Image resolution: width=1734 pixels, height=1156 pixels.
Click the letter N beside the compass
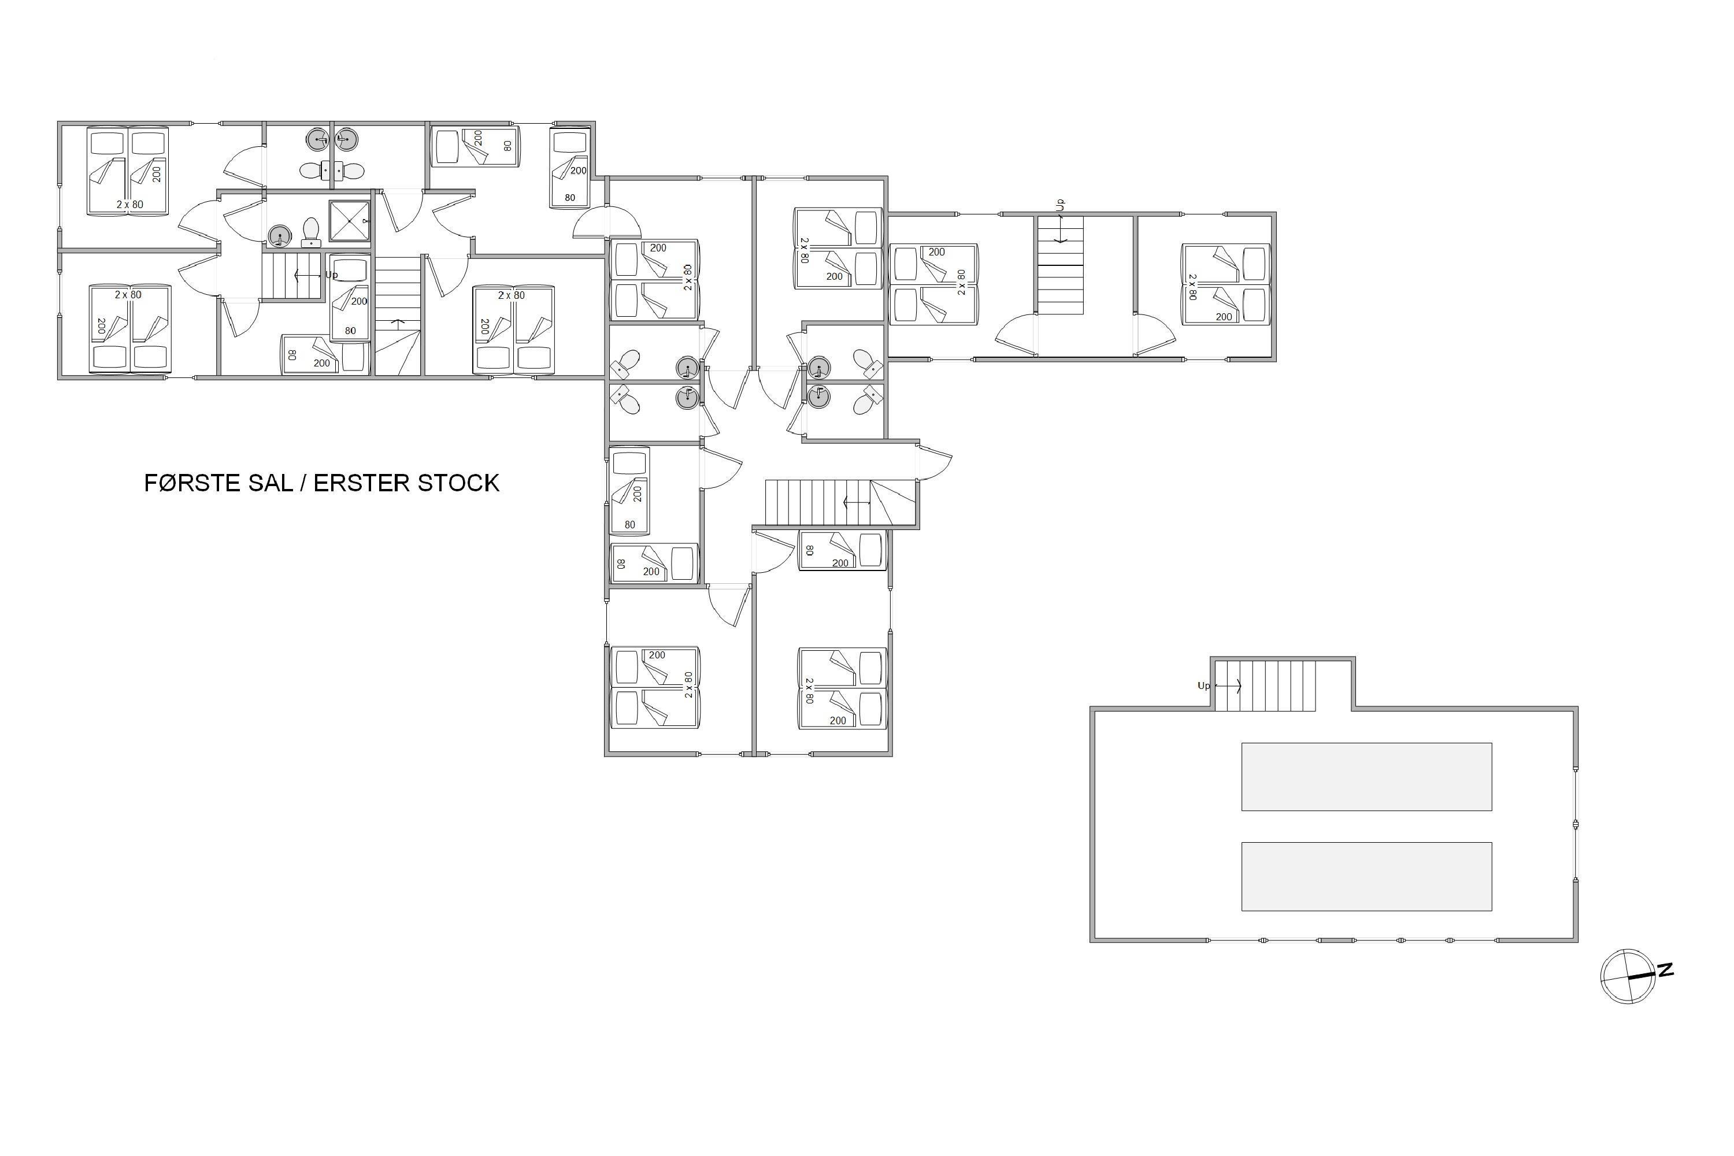pos(1665,970)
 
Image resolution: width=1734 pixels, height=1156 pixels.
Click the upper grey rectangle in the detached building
pos(1366,776)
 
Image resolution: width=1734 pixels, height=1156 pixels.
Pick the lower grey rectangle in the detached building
pos(1366,876)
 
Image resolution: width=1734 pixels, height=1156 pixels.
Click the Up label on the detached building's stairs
pos(1204,686)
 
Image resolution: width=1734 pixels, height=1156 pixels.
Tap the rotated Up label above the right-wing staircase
pos(1060,205)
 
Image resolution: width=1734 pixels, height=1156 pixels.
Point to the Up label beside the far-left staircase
pos(332,275)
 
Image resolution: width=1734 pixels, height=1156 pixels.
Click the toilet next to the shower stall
pos(311,232)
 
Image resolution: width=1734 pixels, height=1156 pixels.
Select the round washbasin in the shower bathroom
pos(279,236)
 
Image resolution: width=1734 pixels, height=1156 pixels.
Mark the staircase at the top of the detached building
pos(1265,686)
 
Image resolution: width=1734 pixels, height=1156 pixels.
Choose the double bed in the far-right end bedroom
pos(1225,284)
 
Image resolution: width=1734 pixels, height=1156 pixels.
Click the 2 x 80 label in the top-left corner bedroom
pos(129,204)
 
